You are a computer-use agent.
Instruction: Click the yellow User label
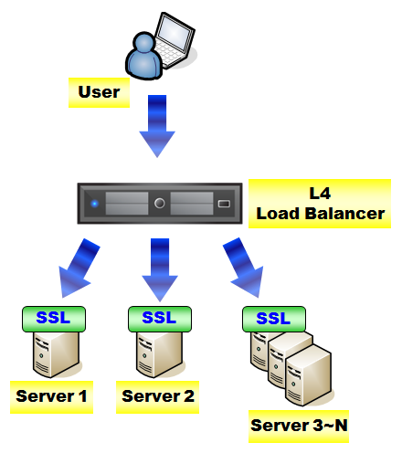click(99, 92)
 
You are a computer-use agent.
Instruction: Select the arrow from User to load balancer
click(157, 126)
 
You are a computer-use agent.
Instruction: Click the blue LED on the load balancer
click(95, 204)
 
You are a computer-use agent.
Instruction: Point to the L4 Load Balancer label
click(320, 204)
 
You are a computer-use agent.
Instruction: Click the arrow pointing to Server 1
click(78, 268)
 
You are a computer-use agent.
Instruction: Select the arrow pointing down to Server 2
click(160, 269)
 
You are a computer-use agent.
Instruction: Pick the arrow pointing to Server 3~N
click(244, 268)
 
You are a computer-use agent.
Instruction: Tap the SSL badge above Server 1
click(54, 319)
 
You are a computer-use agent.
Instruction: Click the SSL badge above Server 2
click(160, 319)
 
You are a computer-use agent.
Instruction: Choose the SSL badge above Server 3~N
click(274, 319)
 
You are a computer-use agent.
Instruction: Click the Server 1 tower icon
click(57, 354)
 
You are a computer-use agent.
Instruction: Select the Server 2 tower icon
click(160, 354)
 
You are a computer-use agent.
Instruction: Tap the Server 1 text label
click(51, 397)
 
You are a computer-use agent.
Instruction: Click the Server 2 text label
click(157, 397)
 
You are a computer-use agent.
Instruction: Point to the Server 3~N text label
click(299, 427)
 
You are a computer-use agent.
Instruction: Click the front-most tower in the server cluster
click(308, 375)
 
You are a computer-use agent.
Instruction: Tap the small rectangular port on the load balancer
click(224, 204)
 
